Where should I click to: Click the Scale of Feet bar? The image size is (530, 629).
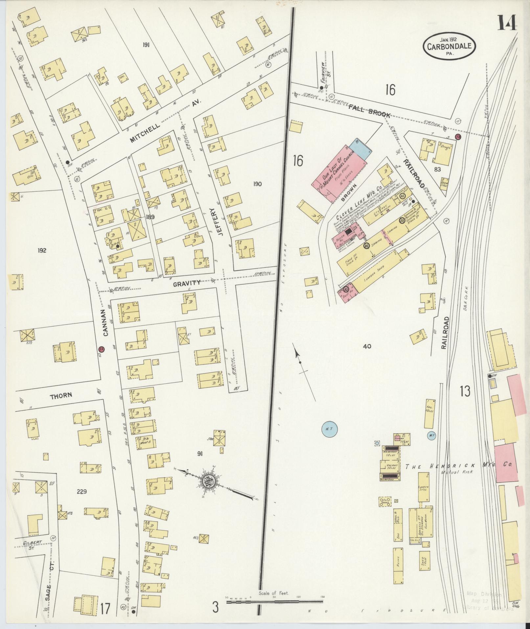click(x=274, y=602)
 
